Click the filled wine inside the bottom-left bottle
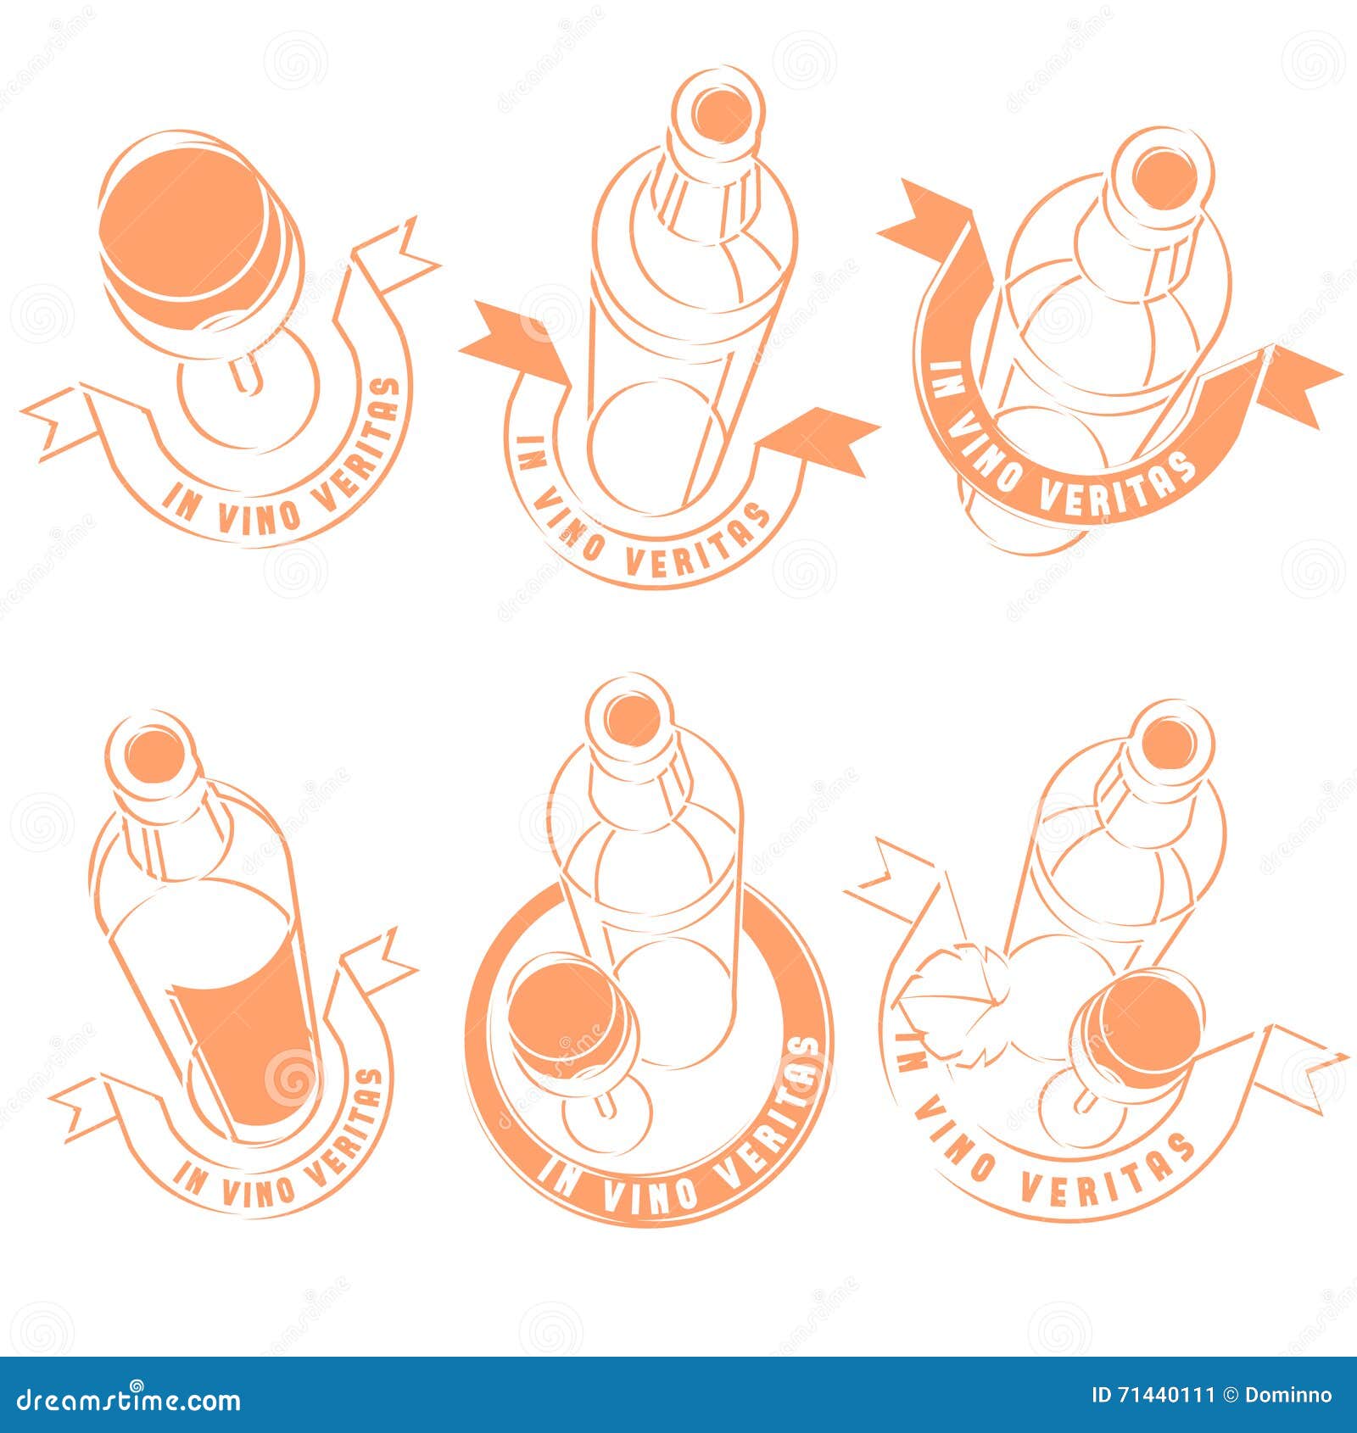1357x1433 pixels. tap(246, 1051)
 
